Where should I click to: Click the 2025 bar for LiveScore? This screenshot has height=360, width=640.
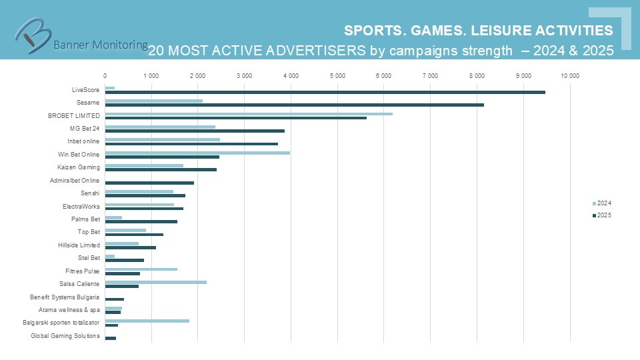pyautogui.click(x=325, y=92)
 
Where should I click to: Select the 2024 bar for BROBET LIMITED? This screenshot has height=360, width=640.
pyautogui.click(x=249, y=113)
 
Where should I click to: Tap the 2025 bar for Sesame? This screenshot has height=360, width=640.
pyautogui.click(x=294, y=105)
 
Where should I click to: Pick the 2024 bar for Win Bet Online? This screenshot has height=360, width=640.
pyautogui.click(x=197, y=152)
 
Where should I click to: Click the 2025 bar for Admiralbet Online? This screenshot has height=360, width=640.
pyautogui.click(x=149, y=183)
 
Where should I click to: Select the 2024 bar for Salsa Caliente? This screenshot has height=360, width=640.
pyautogui.click(x=155, y=282)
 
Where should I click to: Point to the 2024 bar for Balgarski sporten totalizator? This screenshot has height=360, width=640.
pyautogui.click(x=147, y=321)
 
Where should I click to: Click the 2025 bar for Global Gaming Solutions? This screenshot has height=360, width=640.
pyautogui.click(x=111, y=338)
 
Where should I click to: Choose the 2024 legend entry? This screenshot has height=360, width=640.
pyautogui.click(x=602, y=203)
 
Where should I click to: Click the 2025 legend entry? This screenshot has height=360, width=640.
pyautogui.click(x=602, y=215)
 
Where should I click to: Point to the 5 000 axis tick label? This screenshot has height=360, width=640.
pyautogui.click(x=337, y=75)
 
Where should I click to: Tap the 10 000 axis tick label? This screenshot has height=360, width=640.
pyautogui.click(x=569, y=75)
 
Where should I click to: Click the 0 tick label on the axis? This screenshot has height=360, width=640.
pyautogui.click(x=105, y=75)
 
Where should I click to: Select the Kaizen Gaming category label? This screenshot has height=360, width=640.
pyautogui.click(x=79, y=167)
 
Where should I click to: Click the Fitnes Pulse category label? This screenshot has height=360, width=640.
pyautogui.click(x=83, y=271)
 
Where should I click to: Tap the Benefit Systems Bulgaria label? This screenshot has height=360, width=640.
pyautogui.click(x=65, y=297)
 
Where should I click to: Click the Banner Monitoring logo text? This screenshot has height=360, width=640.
pyautogui.click(x=100, y=45)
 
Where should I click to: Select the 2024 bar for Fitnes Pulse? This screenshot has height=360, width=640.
pyautogui.click(x=141, y=269)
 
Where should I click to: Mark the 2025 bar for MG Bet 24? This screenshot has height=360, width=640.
pyautogui.click(x=195, y=131)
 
